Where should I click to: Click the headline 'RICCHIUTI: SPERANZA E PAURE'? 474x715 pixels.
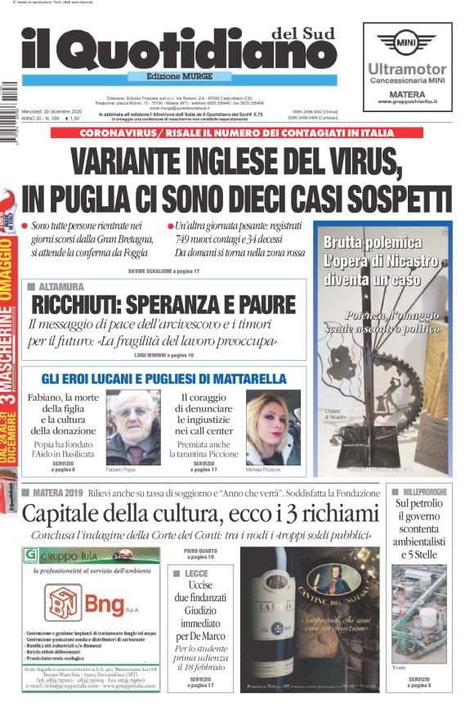click(163, 304)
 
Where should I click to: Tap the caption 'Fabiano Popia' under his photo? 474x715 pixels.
click(121, 470)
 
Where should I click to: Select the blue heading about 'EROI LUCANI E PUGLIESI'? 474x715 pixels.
click(163, 379)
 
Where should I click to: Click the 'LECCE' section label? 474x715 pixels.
click(196, 574)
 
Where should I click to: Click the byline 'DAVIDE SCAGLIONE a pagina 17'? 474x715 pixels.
click(164, 270)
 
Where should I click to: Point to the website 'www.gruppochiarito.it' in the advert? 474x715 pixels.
click(408, 101)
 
